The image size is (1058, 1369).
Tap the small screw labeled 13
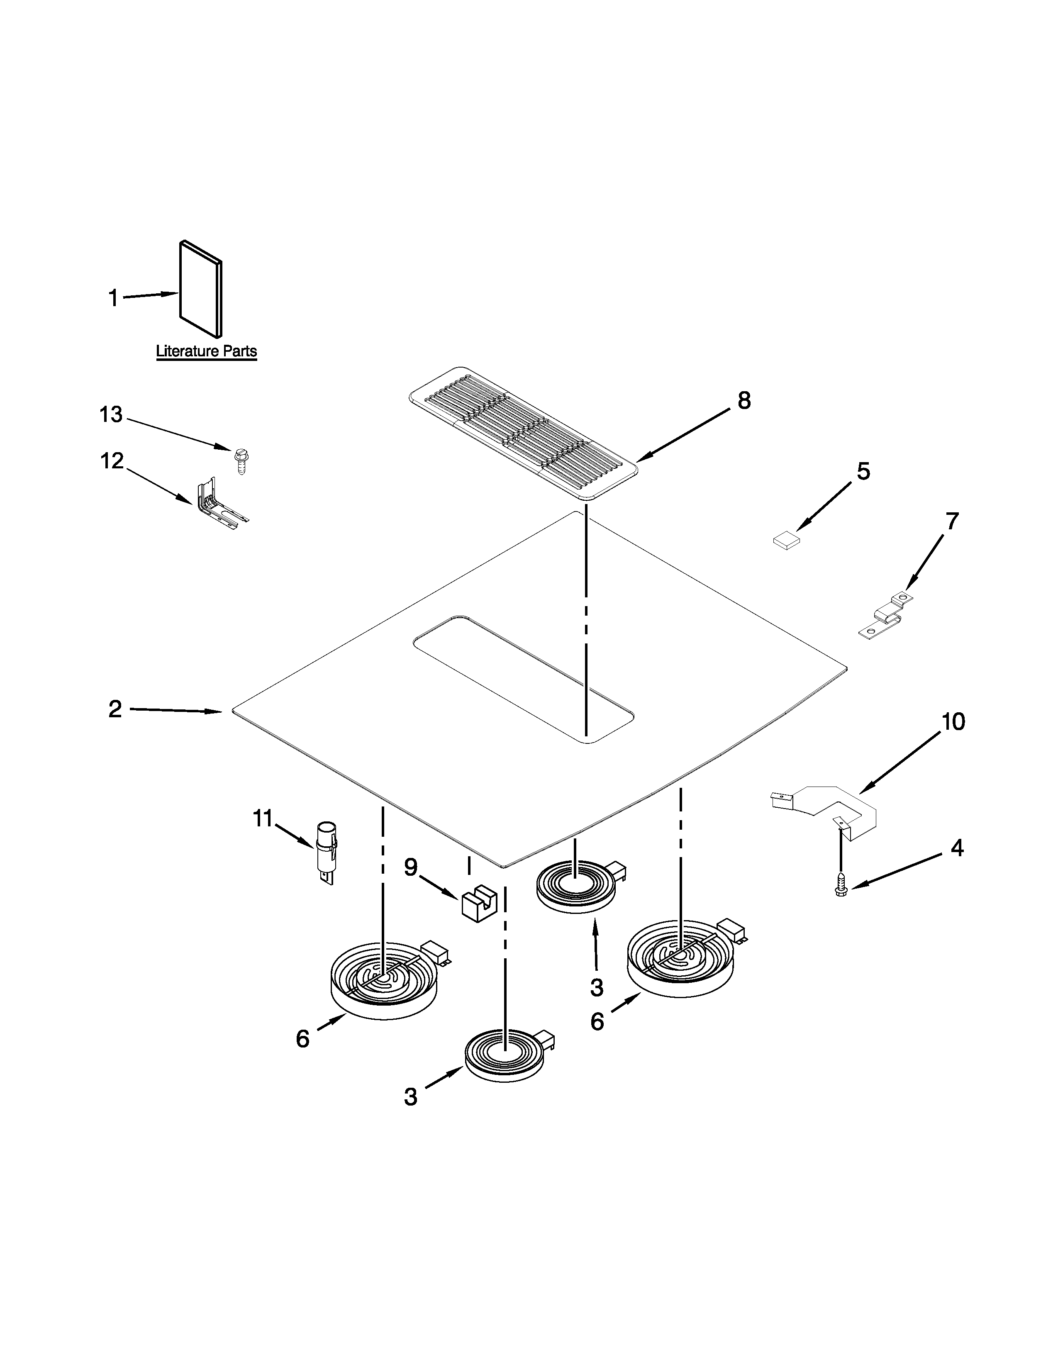(239, 461)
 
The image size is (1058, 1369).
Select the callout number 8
(744, 400)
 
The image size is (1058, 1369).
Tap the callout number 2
(115, 709)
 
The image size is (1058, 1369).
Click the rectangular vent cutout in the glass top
(523, 679)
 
